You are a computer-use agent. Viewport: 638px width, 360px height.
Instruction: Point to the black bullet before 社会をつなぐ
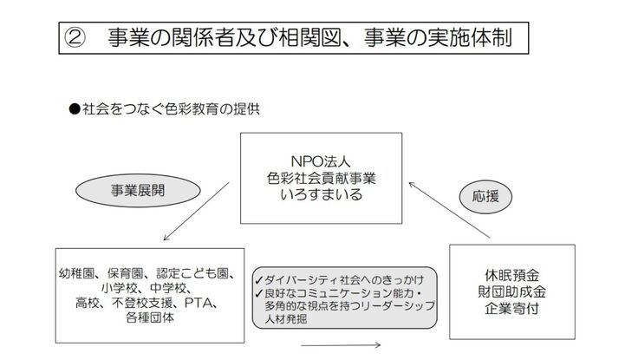[74, 110]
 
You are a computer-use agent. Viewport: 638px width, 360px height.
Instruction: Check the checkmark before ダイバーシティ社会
[257, 280]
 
